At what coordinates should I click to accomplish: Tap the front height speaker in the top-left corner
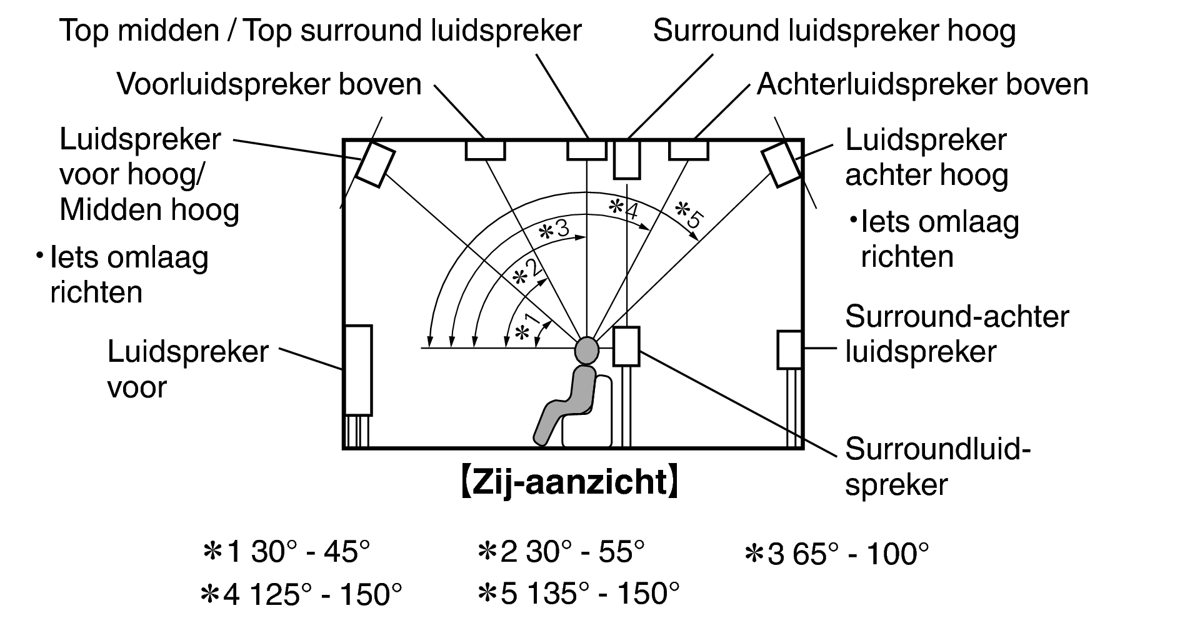point(376,164)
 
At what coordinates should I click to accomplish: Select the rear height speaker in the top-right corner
point(781,164)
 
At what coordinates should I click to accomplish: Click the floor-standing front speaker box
point(358,370)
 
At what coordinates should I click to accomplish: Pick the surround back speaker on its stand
point(789,349)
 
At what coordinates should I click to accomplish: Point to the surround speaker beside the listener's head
point(626,346)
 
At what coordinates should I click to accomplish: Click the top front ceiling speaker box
point(485,150)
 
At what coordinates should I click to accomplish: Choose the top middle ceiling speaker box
point(586,150)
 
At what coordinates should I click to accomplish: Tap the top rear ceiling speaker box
point(689,150)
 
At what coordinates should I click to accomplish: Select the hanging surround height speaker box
point(626,160)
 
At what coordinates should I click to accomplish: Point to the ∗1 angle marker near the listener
point(525,327)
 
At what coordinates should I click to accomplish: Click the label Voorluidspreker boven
point(269,84)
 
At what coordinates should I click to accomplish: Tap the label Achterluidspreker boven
point(922,84)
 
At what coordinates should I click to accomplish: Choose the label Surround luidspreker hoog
point(834,31)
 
